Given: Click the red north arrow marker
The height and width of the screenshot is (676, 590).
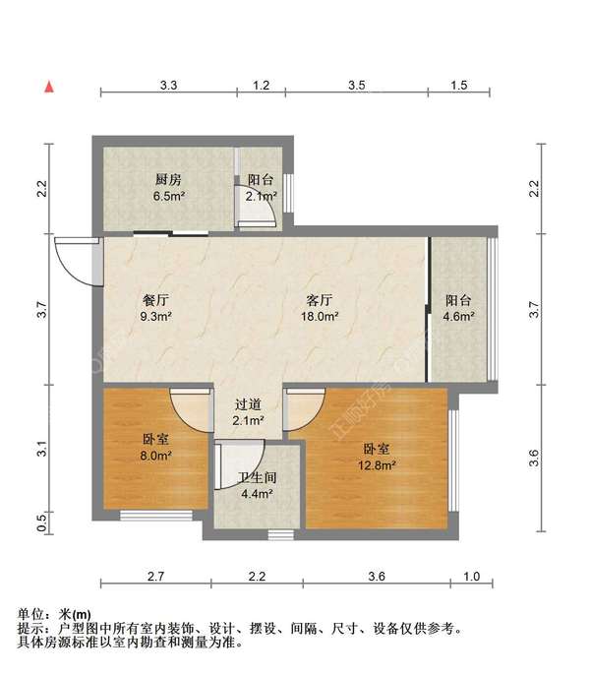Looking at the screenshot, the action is point(49,87).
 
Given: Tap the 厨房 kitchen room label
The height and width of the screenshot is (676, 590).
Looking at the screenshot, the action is point(168,179).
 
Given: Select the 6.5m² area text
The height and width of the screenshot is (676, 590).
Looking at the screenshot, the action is point(169,196).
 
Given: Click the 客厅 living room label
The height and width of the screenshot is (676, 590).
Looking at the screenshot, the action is point(320,300).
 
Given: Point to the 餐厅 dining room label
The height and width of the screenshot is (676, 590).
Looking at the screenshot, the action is point(156,300).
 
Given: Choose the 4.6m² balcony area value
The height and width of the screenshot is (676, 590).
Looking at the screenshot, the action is point(459,317).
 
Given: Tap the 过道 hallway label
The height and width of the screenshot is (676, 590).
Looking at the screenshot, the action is point(248,404).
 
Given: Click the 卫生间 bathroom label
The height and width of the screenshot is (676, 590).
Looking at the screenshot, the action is point(258,477).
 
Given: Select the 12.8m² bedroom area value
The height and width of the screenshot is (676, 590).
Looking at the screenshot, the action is point(377,465).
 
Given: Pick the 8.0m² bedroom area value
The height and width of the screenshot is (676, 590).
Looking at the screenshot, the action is point(156,456).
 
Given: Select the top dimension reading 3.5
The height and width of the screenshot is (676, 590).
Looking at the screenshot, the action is point(357,85).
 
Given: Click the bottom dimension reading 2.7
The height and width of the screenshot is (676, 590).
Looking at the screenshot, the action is point(155,577).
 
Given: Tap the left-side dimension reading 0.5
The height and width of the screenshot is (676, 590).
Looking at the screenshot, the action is point(41,522).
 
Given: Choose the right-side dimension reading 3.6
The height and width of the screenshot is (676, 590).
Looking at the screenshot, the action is point(534,458).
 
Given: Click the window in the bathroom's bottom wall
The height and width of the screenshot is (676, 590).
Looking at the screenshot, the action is point(281,535).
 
